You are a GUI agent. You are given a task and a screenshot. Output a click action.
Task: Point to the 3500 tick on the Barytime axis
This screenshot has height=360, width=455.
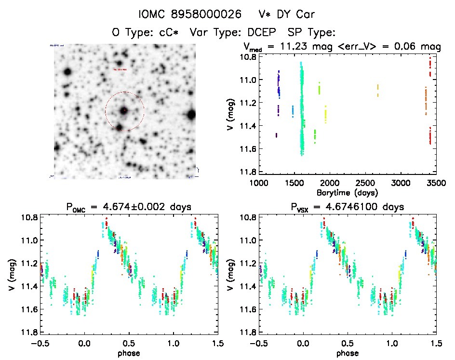(436, 183)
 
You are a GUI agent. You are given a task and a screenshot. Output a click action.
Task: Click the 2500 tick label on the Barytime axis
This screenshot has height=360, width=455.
(364, 183)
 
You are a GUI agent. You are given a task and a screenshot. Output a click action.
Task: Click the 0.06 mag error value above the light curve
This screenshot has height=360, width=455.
(407, 47)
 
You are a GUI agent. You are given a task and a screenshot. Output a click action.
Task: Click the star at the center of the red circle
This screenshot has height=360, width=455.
(124, 111)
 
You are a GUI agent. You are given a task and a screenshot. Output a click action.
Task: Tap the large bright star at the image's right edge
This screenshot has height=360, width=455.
(191, 114)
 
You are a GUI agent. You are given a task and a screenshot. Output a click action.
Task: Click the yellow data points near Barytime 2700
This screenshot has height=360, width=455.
(378, 90)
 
